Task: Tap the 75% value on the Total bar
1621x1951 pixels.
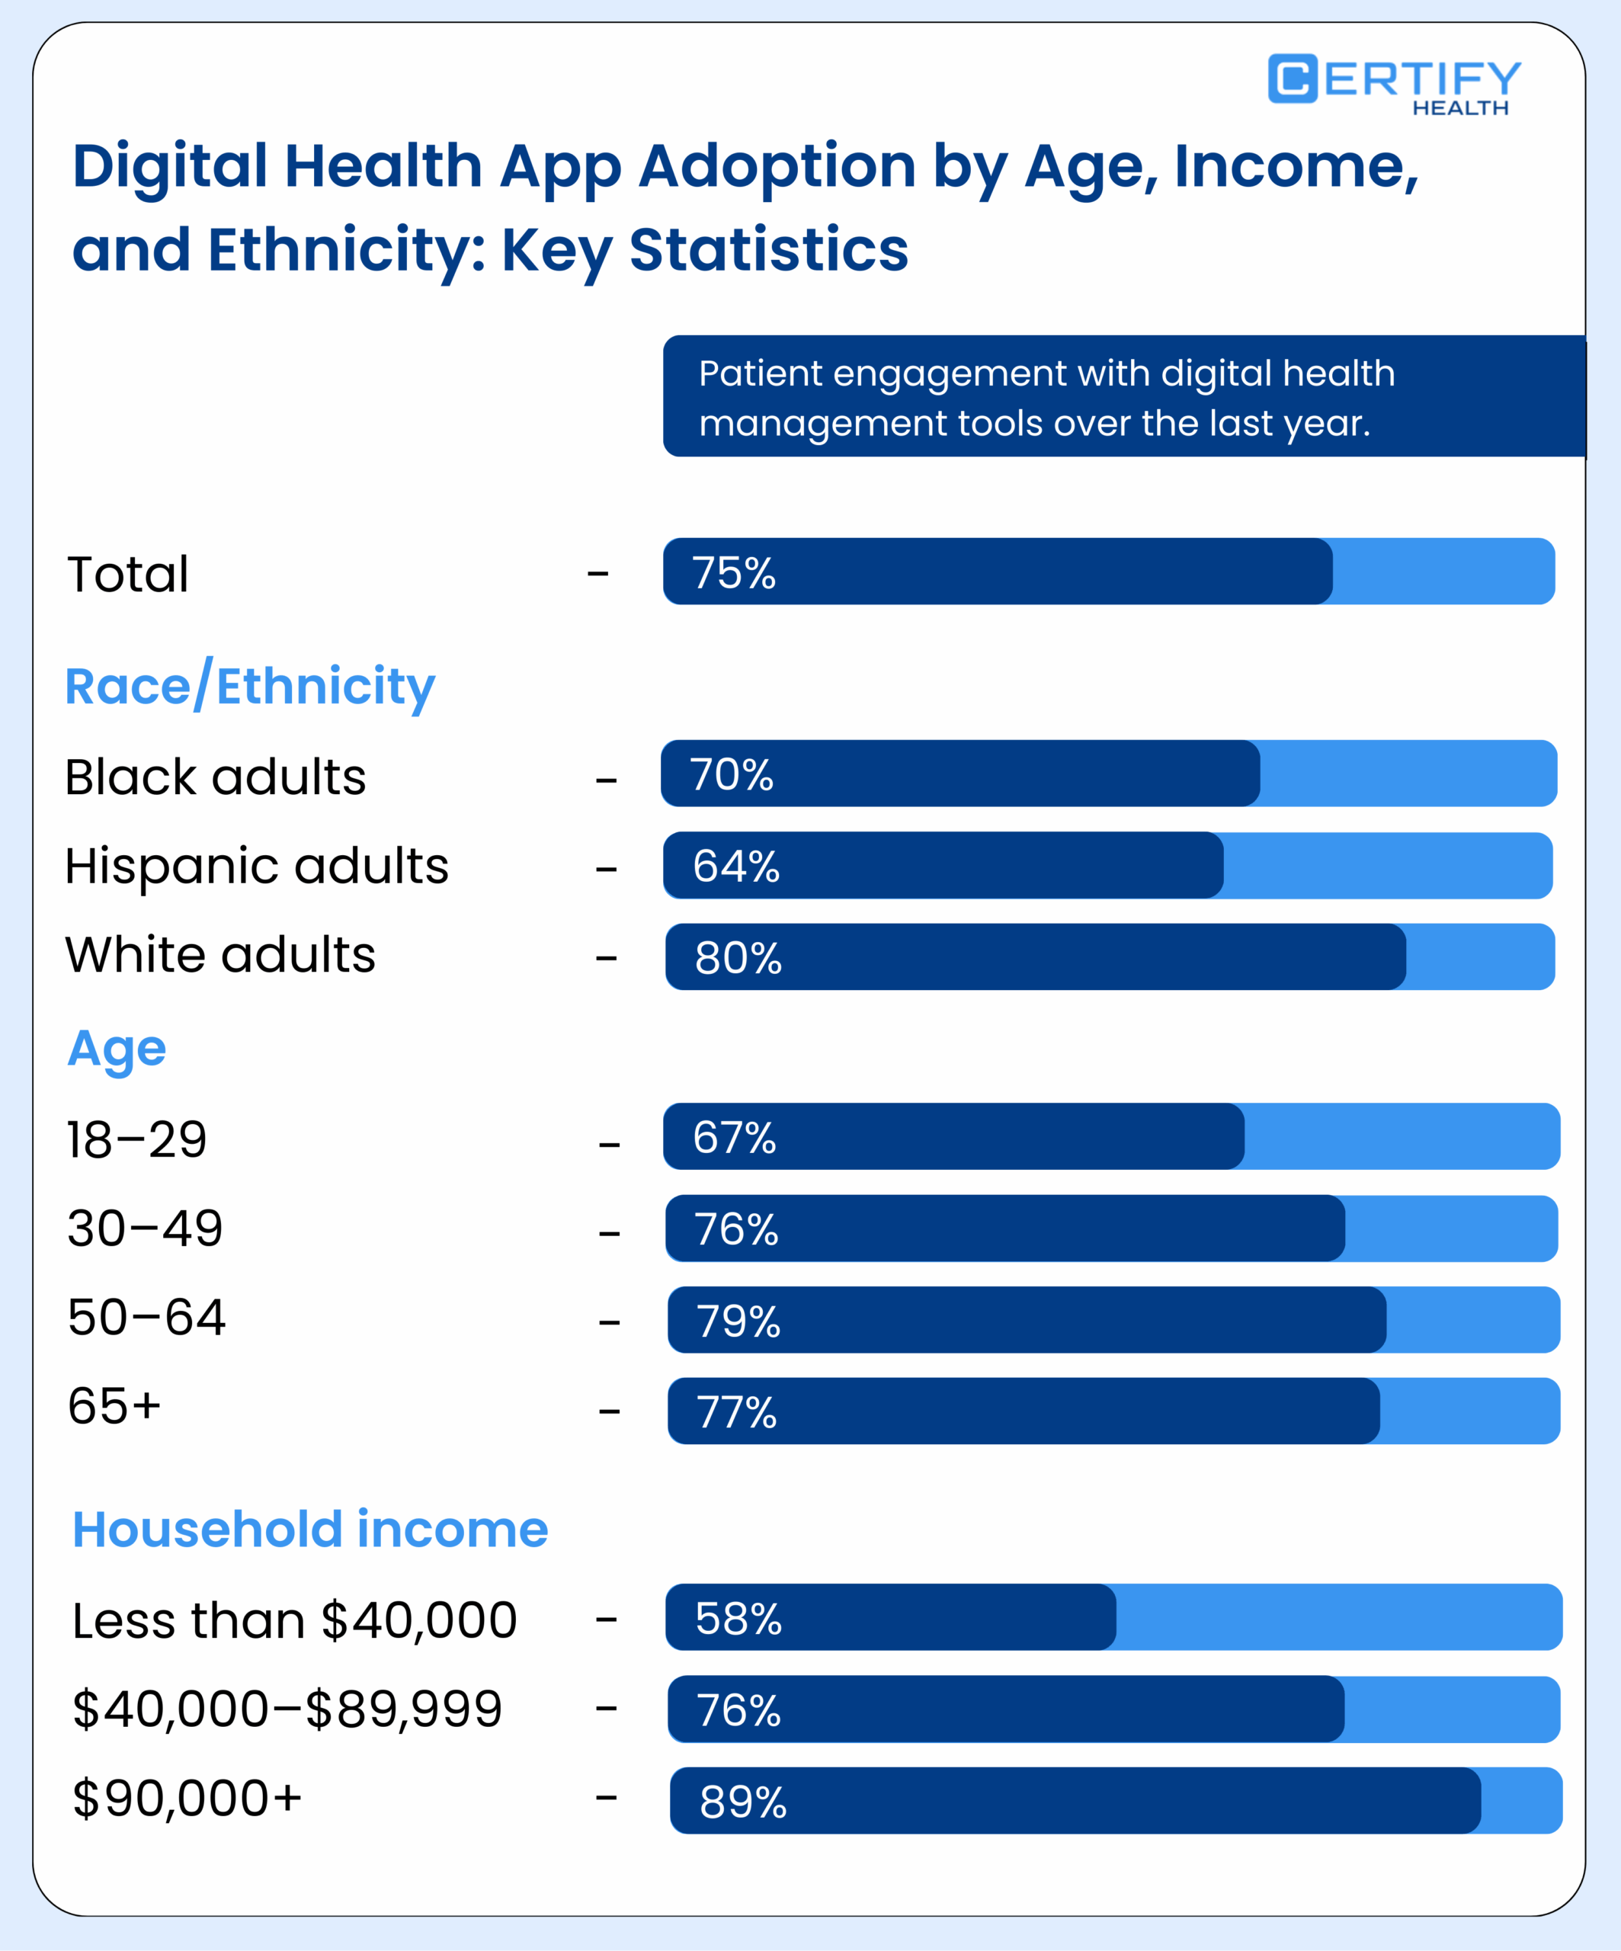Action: point(733,572)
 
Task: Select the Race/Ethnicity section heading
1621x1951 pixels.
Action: point(249,687)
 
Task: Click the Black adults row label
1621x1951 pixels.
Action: point(216,777)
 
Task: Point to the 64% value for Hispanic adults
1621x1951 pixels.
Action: point(735,866)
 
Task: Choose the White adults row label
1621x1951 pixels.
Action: point(220,955)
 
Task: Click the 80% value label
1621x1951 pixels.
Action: point(738,958)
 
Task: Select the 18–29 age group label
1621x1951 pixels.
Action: point(136,1140)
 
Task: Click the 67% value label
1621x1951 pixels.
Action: point(734,1137)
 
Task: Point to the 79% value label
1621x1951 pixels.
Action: point(738,1321)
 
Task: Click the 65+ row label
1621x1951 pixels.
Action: point(114,1405)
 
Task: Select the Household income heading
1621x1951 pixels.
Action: point(310,1530)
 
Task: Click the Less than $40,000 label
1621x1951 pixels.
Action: point(294,1621)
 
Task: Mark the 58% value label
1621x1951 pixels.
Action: point(738,1619)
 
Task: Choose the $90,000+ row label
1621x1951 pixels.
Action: point(187,1799)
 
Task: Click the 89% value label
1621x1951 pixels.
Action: point(742,1802)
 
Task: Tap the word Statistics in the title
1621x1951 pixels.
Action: point(768,250)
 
